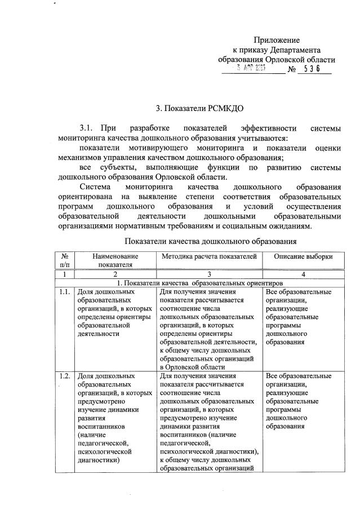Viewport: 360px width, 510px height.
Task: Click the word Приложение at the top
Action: pos(276,40)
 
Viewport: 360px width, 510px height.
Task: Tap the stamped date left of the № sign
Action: pos(252,69)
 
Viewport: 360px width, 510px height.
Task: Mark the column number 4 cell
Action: pos(303,274)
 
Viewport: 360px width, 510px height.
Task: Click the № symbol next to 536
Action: pos(292,70)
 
